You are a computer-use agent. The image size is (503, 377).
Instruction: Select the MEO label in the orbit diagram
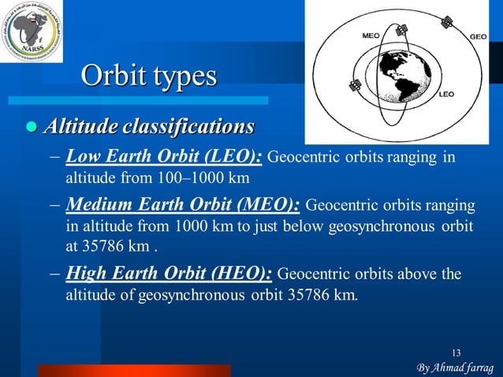pos(371,35)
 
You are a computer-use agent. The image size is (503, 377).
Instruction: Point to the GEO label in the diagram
pos(478,36)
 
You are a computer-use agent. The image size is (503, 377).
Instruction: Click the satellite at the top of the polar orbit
pos(401,30)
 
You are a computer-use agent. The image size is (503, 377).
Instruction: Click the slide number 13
pos(457,352)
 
